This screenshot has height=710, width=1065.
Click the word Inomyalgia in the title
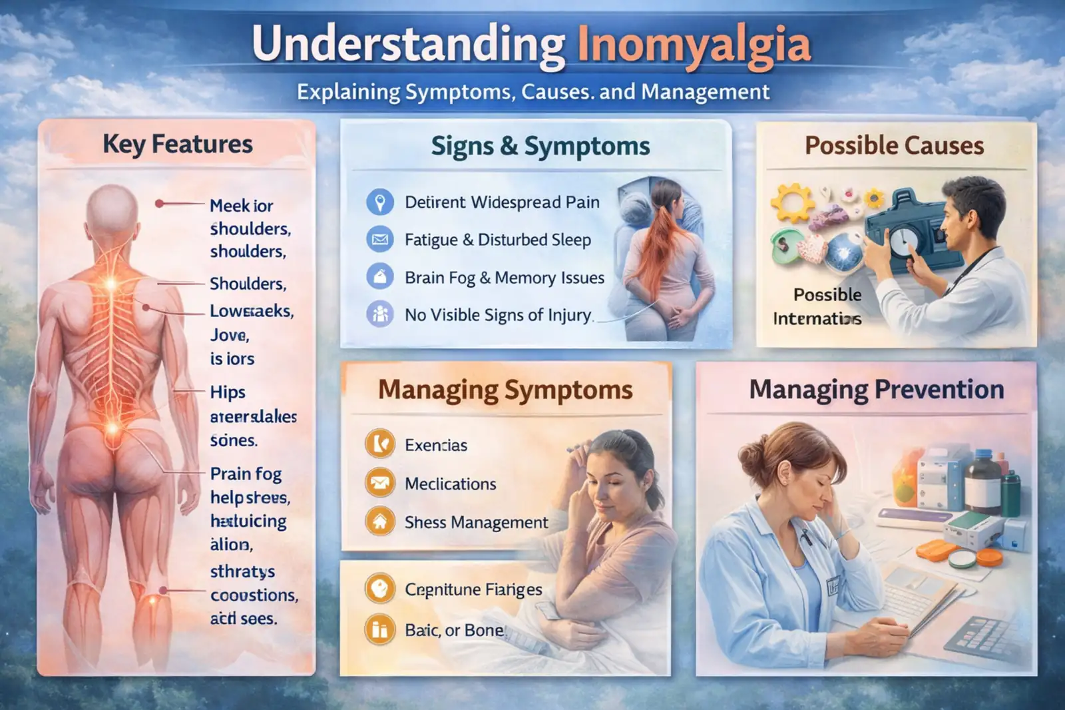click(x=694, y=45)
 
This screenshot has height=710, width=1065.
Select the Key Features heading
click(x=178, y=144)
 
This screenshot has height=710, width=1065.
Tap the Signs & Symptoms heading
click(x=540, y=146)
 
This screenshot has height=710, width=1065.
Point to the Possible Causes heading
click(x=894, y=145)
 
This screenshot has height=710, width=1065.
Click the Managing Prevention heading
click(x=876, y=390)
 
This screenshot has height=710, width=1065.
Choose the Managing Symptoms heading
click(x=505, y=390)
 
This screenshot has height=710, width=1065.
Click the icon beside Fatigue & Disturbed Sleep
click(x=380, y=239)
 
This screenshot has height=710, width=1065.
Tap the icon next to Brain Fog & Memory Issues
click(x=380, y=276)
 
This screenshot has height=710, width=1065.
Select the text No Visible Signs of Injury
click(x=498, y=315)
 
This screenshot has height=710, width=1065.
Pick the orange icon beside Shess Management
click(x=380, y=522)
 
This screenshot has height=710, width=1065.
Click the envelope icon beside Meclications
click(x=380, y=483)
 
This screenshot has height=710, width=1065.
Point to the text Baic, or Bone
click(x=454, y=630)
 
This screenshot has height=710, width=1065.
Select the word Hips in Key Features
click(x=228, y=392)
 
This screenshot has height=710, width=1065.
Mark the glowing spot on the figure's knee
click(x=152, y=600)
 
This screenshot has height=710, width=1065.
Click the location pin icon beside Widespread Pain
click(x=380, y=202)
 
